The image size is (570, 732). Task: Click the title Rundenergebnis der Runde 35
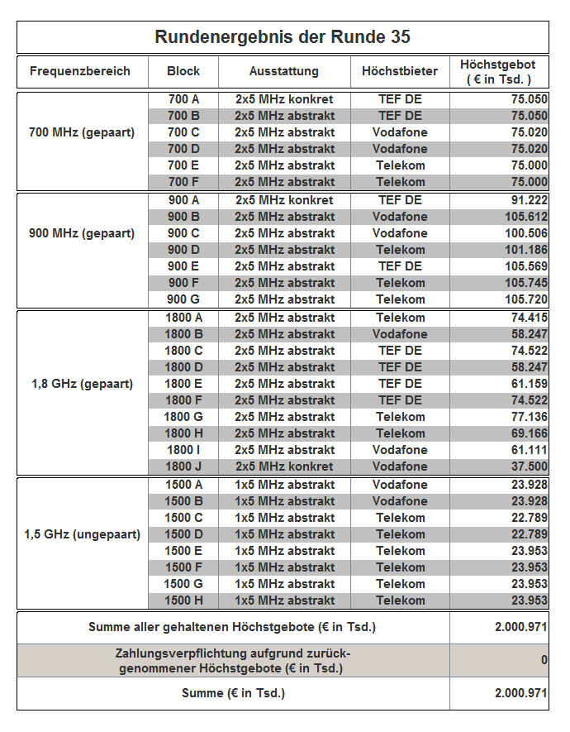(283, 37)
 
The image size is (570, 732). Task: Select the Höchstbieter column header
(400, 71)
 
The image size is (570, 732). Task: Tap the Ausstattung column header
(284, 71)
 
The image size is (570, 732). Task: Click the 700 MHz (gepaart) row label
(82, 132)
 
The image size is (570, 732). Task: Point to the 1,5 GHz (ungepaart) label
(82, 534)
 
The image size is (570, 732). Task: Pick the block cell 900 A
(183, 200)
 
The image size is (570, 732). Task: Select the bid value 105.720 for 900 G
(525, 299)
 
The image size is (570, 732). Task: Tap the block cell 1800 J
(183, 466)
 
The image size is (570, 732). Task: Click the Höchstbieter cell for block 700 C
(400, 132)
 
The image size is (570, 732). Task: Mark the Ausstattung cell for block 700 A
(284, 99)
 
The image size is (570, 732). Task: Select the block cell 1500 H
(183, 600)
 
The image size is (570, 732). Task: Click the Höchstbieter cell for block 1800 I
(400, 450)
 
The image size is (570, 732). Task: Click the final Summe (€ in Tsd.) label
(233, 693)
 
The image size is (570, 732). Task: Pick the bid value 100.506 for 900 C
(525, 233)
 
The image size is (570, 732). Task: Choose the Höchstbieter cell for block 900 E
(400, 266)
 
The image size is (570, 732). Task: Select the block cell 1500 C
(183, 518)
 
